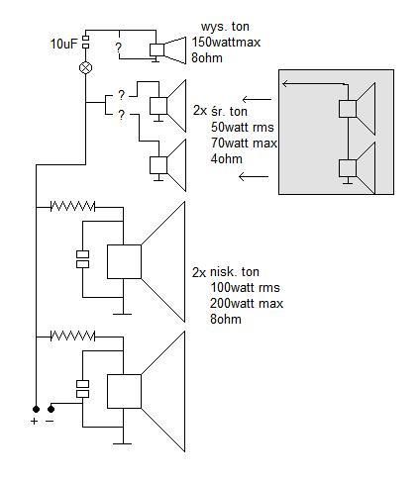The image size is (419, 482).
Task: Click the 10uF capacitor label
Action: pos(64,44)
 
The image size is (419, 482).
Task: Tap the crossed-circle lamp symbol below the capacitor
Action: pos(85,67)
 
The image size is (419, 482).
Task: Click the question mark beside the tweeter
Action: pos(118,48)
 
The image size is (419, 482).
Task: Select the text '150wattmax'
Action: pos(226,43)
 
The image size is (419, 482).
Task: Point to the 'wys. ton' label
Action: pos(225,27)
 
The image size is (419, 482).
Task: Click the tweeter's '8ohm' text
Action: pos(207,58)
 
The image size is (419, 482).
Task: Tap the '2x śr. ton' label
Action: pos(220,111)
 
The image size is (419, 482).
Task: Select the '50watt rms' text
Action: pos(243,128)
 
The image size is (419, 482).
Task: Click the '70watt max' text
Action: pos(244,144)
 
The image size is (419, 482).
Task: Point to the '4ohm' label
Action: pos(227,159)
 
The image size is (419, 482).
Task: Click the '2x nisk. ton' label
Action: pos(226,272)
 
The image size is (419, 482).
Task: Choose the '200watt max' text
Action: pos(247,304)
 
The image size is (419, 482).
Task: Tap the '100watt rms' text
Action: pos(246,288)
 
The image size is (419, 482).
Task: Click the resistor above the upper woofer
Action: pos(72,207)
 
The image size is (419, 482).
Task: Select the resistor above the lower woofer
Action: pos(72,337)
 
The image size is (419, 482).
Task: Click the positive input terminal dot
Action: pos(36,409)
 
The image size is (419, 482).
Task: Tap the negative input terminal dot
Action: pos(51,409)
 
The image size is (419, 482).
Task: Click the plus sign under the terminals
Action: pos(34,422)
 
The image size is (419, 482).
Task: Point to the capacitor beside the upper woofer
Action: pos(82,259)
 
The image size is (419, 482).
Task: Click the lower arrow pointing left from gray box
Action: pos(254,177)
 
